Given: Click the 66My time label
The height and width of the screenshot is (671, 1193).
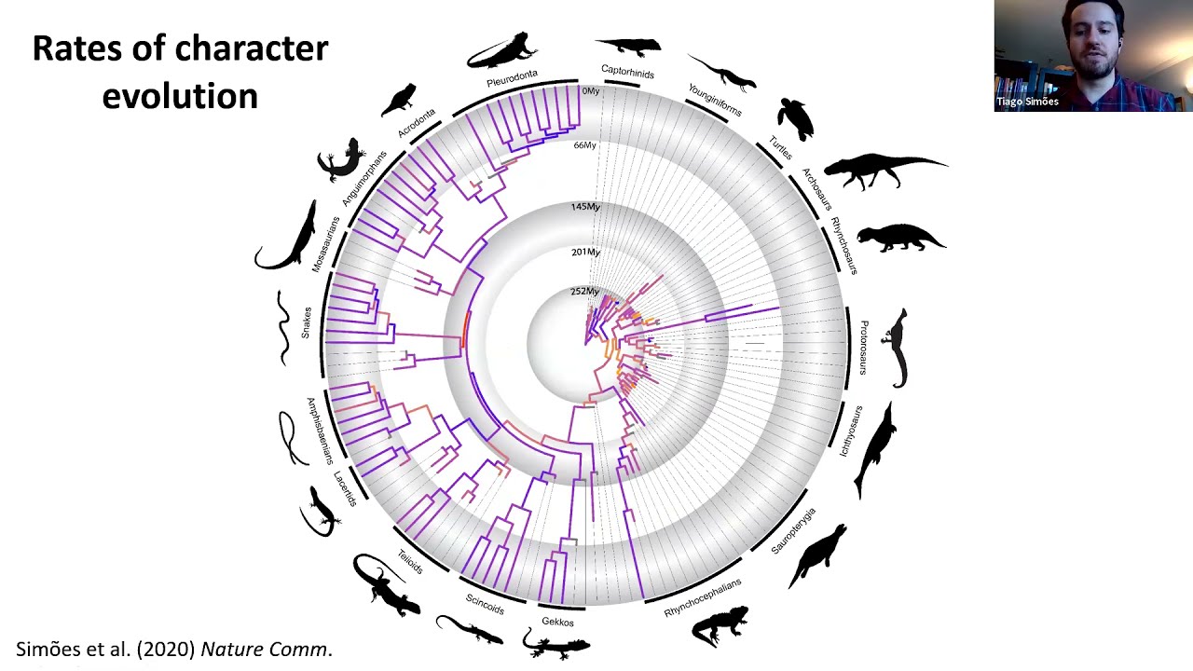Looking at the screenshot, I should coord(584,145).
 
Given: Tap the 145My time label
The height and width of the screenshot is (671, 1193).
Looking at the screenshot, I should coord(585,206).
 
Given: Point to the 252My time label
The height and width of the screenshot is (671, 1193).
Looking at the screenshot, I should coord(584,292).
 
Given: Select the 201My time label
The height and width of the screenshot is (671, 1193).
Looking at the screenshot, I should coord(585,252).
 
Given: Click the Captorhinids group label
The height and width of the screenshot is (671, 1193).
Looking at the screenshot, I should coord(627,72).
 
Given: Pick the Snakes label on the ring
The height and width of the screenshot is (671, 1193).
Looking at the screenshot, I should coord(306,322).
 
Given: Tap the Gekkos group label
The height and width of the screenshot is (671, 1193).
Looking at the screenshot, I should coord(557,622).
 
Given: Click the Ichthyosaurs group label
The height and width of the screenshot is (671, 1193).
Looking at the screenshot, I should coord(851,431).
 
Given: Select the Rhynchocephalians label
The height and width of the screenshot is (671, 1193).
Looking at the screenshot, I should coord(703,597).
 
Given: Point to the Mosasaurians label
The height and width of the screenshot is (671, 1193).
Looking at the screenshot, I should coord(326,244).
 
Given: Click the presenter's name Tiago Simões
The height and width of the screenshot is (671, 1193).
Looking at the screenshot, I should coord(1027,102).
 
